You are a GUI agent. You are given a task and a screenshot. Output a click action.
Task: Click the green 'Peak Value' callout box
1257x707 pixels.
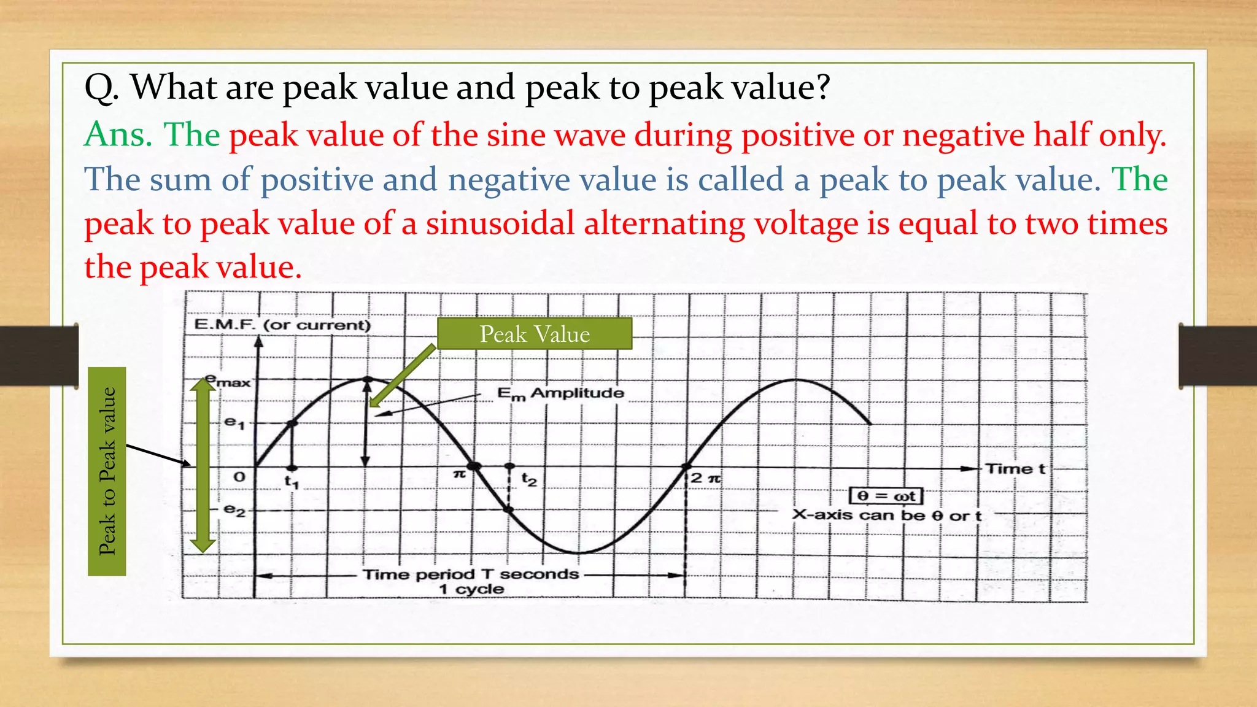coord(534,334)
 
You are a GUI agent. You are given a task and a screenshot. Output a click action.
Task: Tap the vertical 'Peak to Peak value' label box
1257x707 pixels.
coord(107,471)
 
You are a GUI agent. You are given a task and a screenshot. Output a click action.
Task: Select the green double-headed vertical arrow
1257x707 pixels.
coord(203,465)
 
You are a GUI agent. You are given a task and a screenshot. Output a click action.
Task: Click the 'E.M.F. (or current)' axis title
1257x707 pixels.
coord(282,325)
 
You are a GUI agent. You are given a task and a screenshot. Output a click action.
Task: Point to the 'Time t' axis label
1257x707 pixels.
coord(1015,469)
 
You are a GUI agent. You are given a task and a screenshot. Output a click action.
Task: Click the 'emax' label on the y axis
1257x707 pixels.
coord(228,381)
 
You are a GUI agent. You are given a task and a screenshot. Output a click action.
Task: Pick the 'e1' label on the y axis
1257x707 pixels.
coord(234,422)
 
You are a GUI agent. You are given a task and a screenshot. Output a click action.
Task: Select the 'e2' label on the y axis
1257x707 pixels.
coord(234,510)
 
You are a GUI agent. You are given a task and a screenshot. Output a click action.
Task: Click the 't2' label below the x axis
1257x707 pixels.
coord(529,479)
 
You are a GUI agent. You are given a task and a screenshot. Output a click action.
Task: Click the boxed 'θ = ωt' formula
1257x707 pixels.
coord(886,496)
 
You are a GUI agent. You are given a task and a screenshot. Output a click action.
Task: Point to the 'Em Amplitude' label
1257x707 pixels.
coord(560,393)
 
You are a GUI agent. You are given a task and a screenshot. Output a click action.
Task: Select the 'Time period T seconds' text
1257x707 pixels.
coord(471,574)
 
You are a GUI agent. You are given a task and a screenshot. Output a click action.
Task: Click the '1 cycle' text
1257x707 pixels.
coord(471,590)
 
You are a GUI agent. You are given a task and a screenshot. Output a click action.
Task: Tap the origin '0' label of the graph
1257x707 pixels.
coord(239,477)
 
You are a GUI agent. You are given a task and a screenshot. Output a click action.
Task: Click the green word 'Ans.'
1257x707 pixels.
coord(118,134)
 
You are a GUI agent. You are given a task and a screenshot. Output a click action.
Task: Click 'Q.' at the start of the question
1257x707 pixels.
coord(101,87)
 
